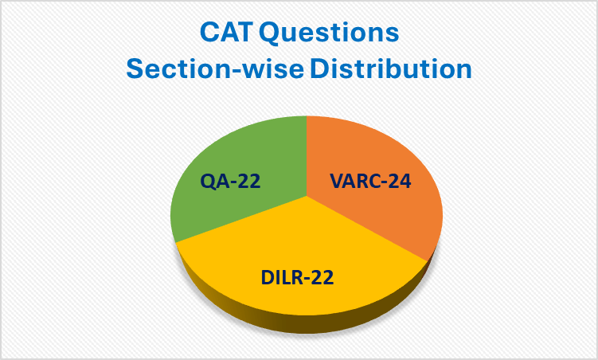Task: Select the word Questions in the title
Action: click(x=333, y=34)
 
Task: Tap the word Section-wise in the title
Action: click(x=214, y=69)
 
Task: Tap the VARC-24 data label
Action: click(x=371, y=182)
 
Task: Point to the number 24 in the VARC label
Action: click(x=398, y=182)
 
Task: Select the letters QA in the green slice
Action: click(x=215, y=182)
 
